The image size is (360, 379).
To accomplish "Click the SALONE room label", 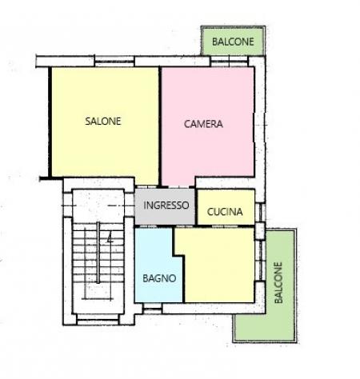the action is coord(103,122).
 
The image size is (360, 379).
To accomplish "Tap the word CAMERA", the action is coord(203,124).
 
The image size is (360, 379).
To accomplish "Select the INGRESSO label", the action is coord(166,205).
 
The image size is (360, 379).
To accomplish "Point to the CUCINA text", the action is coord(225,212).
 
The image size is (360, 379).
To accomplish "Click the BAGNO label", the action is coord(159,278).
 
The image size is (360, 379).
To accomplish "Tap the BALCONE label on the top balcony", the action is coord(233,42).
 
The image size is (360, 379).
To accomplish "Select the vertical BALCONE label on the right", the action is coord(278,283).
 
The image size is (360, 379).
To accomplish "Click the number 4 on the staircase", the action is coord(110,238).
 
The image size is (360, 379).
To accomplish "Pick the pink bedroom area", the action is coord(208,126).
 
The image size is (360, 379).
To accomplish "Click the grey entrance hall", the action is coord(165,207).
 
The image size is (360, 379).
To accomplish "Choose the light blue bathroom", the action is coord(158,266).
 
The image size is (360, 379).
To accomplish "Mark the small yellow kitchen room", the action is coord(226,207).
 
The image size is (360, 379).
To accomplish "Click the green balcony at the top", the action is coord(233,41).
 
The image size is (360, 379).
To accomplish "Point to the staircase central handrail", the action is coord(98,253).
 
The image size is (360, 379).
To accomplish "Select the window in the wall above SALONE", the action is coord(114,62).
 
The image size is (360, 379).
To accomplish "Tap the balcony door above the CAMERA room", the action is coord(230,62).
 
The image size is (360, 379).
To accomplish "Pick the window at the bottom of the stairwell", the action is coord(98,319).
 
